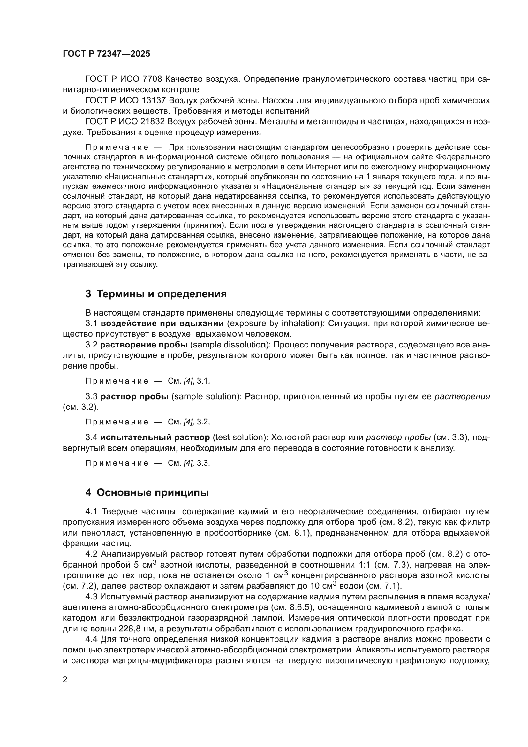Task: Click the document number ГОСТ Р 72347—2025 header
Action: (106, 54)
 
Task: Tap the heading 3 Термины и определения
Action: (156, 294)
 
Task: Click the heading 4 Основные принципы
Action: (147, 493)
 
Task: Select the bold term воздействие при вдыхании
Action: (162, 324)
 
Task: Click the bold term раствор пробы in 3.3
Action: (134, 397)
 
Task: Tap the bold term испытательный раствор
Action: (155, 438)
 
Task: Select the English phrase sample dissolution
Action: (230, 345)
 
